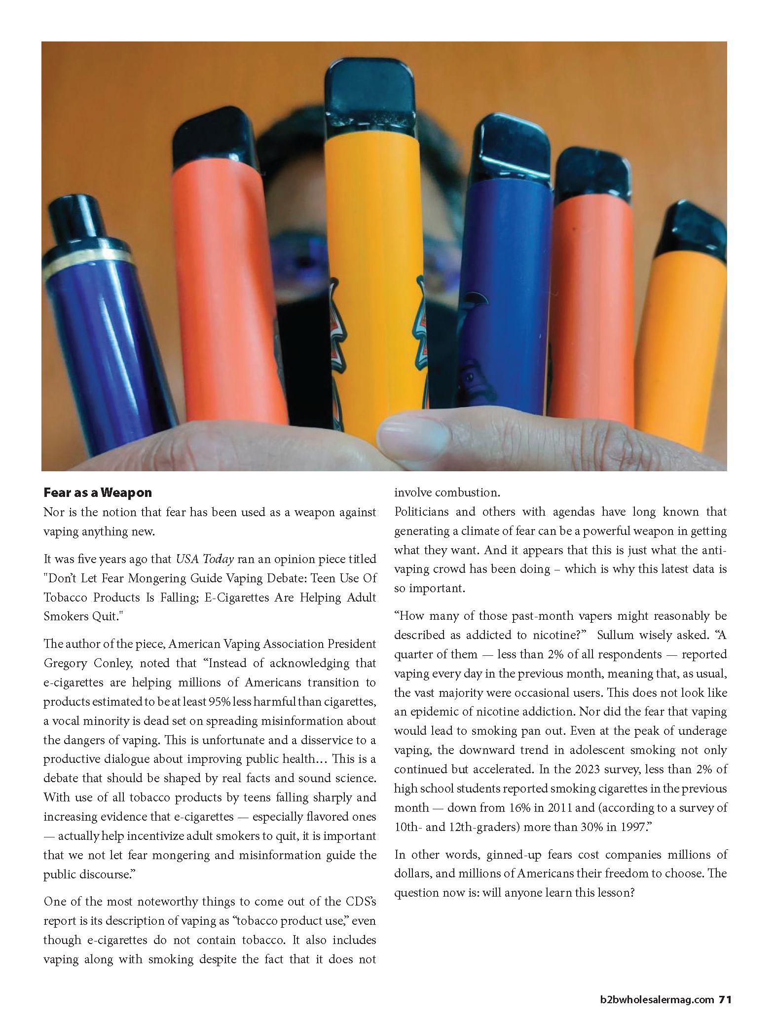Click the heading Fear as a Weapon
coord(98,492)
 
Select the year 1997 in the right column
coord(624,827)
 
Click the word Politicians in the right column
coord(422,512)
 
